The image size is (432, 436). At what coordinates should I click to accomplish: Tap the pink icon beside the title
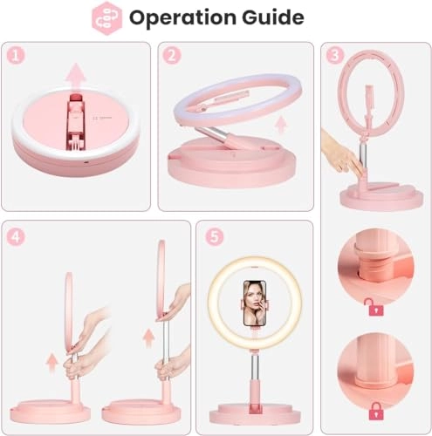(x=106, y=17)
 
